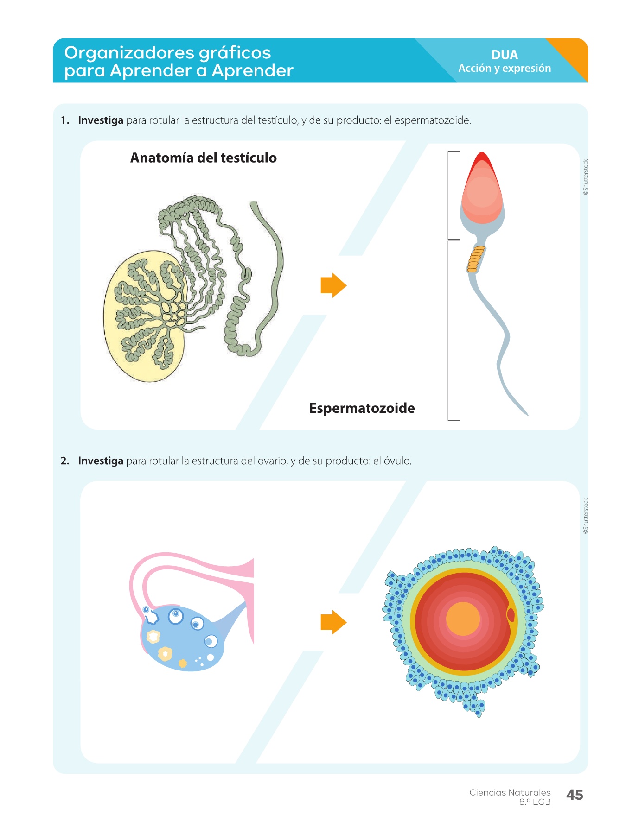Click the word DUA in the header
click(x=504, y=55)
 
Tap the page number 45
click(x=574, y=795)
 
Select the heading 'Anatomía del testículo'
click(x=203, y=158)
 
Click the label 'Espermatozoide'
click(x=362, y=408)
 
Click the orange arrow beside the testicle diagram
click(x=333, y=285)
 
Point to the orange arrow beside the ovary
click(x=333, y=622)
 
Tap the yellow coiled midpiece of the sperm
click(x=476, y=259)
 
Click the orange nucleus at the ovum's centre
click(x=463, y=619)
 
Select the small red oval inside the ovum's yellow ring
click(x=511, y=615)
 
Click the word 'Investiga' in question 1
click(x=101, y=120)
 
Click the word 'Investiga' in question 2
click(x=101, y=461)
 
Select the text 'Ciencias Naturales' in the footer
click(x=510, y=792)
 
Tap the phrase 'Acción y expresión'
click(x=505, y=69)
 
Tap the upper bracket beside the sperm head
click(x=449, y=195)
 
